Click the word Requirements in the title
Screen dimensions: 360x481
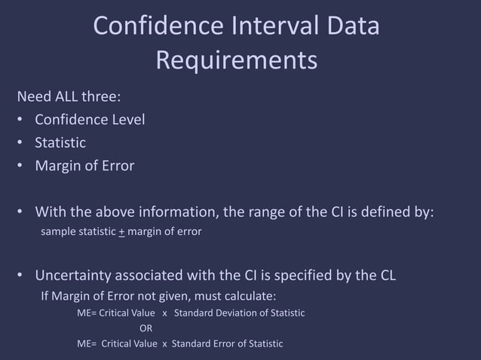[x=236, y=60]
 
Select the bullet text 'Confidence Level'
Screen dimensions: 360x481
[x=90, y=120]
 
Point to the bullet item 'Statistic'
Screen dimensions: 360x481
[x=60, y=142]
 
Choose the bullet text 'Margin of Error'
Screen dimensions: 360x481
[x=84, y=166]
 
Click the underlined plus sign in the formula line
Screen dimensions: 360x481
[x=121, y=232]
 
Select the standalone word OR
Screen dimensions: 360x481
[x=146, y=328]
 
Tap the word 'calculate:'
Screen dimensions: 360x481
[x=252, y=295]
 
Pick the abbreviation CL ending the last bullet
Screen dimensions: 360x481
[x=385, y=276]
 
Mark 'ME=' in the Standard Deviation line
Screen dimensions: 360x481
[x=87, y=313]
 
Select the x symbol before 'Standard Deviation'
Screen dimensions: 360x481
[x=164, y=313]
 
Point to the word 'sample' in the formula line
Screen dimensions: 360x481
[x=57, y=232]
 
